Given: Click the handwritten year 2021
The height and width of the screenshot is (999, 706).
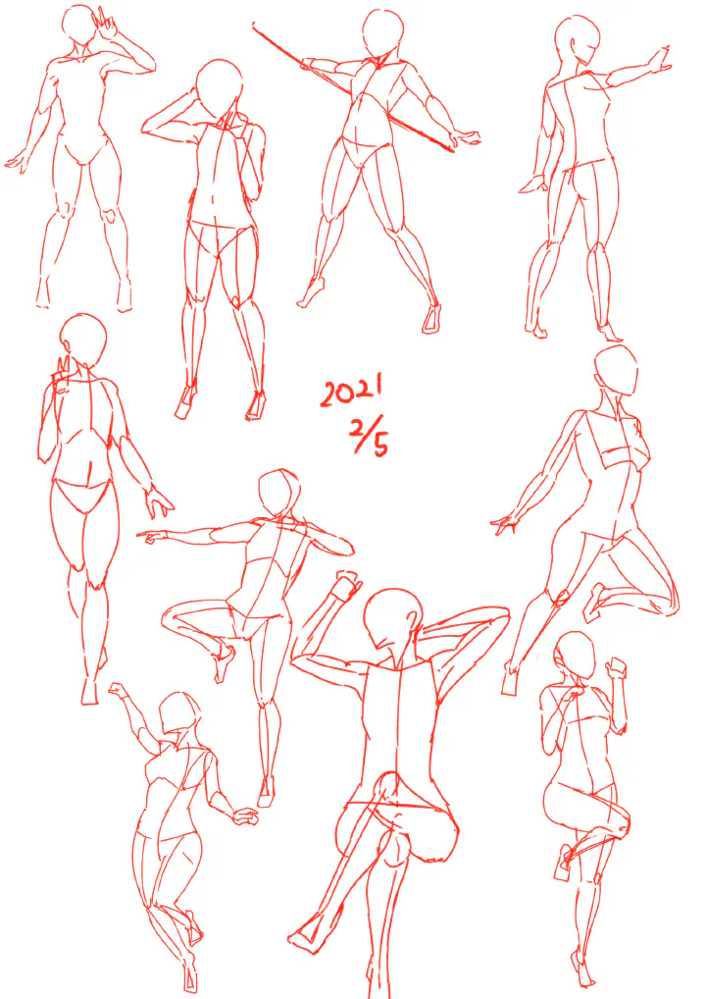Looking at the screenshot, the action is tap(351, 391).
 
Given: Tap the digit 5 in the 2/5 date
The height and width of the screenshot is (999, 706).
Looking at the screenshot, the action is tap(379, 445).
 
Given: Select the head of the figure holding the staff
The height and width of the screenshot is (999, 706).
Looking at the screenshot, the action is tap(383, 33).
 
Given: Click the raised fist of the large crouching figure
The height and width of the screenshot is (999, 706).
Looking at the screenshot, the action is tap(347, 583).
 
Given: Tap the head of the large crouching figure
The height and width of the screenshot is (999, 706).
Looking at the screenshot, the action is tap(393, 617).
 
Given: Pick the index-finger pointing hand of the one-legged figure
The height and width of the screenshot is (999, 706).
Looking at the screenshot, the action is tap(151, 537).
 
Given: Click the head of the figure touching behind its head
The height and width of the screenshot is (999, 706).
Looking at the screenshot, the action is tap(219, 88).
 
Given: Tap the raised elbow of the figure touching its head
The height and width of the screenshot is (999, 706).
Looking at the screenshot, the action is tap(145, 127).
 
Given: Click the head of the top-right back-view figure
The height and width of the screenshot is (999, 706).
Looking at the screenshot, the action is tap(577, 39).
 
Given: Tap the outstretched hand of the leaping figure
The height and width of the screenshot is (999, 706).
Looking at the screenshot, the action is tap(505, 524).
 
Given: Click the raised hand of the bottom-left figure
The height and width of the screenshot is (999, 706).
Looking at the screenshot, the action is tap(118, 690).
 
